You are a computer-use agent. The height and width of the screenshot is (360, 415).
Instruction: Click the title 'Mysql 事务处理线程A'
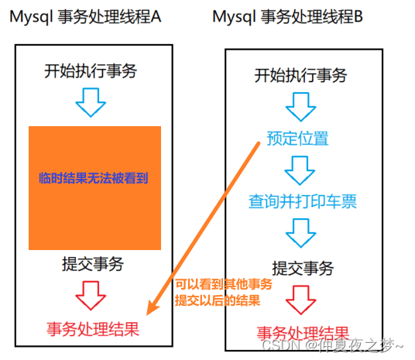85,17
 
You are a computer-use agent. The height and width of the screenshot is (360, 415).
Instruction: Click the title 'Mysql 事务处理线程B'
287,17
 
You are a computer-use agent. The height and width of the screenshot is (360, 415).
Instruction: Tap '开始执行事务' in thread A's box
91,71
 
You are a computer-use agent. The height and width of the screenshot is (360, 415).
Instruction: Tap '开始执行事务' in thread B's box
300,75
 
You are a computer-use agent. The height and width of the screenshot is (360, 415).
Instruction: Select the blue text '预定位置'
297,138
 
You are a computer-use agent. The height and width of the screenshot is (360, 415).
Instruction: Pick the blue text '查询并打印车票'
303,201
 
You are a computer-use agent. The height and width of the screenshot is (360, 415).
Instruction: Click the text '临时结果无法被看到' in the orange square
94,178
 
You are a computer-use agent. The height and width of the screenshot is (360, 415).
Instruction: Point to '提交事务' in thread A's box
93,264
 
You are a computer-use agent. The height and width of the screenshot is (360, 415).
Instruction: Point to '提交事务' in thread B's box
303,268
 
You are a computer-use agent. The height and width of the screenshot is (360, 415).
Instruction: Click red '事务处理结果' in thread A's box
93,329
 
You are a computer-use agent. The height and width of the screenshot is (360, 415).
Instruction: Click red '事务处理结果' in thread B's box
303,333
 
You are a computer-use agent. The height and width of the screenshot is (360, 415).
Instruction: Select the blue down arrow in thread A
91,102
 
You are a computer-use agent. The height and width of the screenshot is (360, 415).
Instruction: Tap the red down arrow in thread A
91,296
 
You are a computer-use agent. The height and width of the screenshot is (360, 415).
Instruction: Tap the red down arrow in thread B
301,300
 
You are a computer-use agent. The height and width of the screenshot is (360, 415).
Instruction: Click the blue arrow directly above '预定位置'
301,107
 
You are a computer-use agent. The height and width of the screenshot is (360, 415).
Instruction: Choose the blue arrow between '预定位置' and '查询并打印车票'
300,170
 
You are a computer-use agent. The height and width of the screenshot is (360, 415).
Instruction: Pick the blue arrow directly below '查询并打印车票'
301,233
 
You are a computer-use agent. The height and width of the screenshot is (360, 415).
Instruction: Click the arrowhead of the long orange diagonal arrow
152,309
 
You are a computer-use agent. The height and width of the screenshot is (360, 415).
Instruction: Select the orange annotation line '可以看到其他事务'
224,285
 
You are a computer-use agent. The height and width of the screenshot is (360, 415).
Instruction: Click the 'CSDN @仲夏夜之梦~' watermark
332,345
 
